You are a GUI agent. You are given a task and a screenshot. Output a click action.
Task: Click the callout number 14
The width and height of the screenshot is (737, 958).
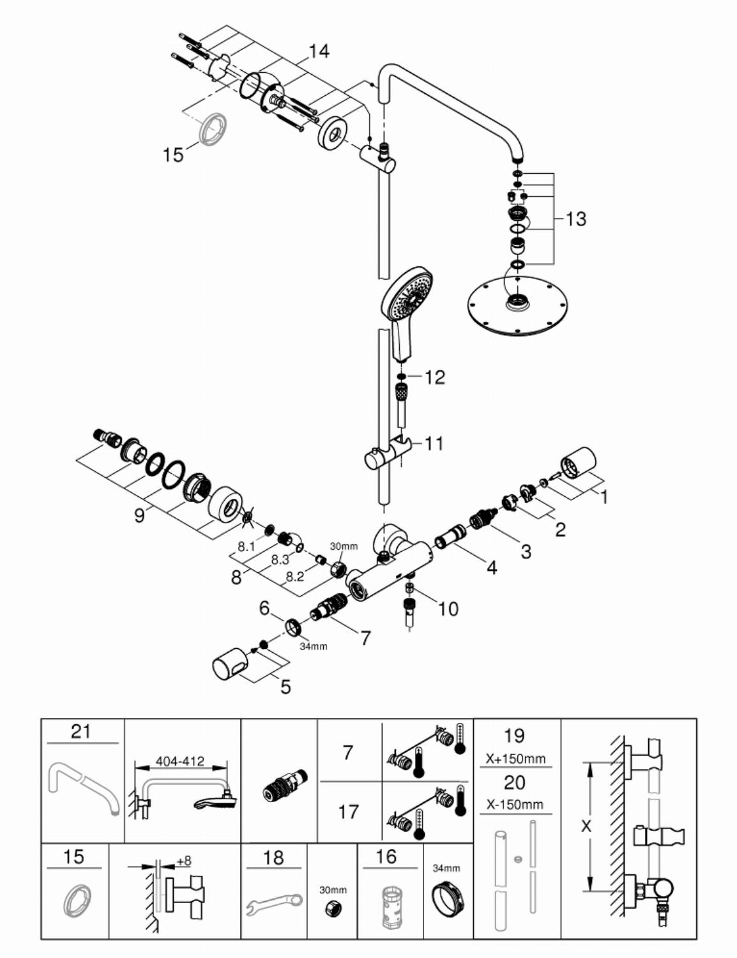318,52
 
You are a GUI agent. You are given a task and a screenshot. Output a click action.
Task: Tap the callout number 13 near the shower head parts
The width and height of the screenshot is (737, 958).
575,218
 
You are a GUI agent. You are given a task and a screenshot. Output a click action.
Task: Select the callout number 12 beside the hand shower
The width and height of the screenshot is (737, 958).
434,377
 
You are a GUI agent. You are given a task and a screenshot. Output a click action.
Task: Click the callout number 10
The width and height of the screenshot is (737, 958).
448,609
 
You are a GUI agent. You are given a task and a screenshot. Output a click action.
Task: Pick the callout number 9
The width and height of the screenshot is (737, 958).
139,515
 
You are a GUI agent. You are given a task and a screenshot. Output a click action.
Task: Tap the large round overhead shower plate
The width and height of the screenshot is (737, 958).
517,305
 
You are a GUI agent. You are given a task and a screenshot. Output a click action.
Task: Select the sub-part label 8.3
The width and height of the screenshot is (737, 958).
280,559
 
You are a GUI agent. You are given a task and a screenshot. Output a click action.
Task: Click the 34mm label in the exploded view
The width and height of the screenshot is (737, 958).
314,646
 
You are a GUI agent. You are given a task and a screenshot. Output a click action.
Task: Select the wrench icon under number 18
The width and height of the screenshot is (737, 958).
274,896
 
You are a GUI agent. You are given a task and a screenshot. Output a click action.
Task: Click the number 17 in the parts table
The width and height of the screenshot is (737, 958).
348,812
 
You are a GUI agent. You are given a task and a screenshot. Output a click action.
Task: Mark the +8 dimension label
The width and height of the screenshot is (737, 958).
184,860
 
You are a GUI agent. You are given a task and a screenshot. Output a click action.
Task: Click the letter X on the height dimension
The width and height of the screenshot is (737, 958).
586,826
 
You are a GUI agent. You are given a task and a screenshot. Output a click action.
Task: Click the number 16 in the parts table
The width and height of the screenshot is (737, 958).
386,856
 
